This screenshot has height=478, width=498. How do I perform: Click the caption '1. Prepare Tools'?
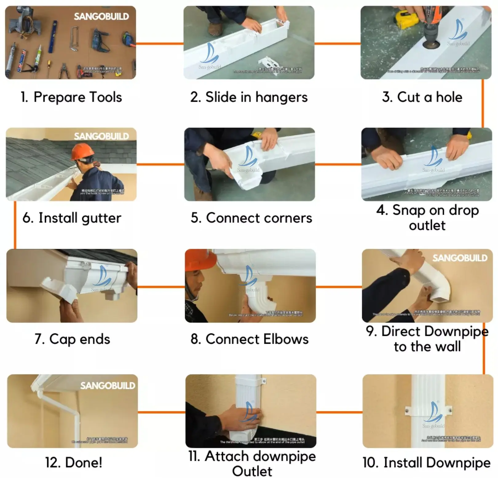click(x=71, y=97)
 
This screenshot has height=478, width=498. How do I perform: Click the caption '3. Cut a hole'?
click(x=422, y=97)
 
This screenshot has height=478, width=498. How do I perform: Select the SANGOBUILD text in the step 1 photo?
click(x=101, y=17)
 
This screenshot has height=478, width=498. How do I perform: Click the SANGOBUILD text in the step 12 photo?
click(x=108, y=386)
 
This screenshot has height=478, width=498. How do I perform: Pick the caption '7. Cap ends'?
click(x=72, y=339)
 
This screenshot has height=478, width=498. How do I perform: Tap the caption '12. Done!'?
click(x=74, y=462)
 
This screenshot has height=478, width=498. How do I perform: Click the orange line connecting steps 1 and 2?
click(x=160, y=44)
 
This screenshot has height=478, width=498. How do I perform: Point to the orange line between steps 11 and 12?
click(x=161, y=412)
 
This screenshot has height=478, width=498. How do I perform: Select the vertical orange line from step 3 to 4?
click(x=482, y=103)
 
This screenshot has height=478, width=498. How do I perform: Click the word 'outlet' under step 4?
click(x=427, y=225)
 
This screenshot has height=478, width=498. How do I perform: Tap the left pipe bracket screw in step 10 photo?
click(x=407, y=410)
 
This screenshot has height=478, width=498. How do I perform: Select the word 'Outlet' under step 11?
click(x=252, y=471)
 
